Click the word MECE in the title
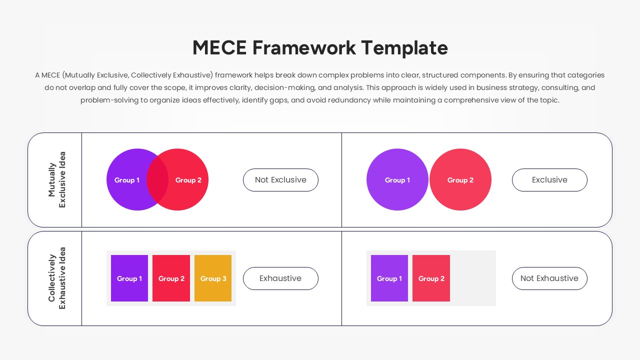click(219, 48)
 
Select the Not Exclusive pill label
click(280, 180)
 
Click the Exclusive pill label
click(549, 180)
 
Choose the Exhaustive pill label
click(280, 278)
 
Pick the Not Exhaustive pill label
click(549, 278)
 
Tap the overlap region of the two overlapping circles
click(157, 179)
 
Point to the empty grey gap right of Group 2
click(472, 278)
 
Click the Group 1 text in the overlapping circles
click(127, 180)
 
